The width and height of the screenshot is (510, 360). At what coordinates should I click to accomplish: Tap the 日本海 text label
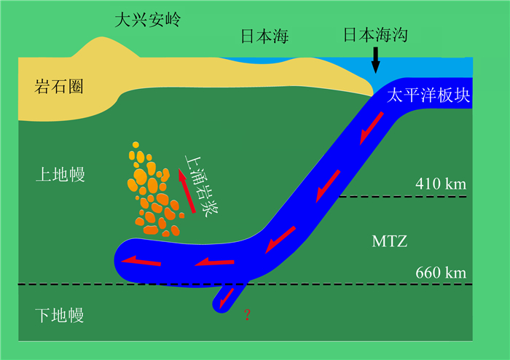(264, 36)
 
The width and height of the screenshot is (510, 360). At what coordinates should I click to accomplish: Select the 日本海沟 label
(375, 35)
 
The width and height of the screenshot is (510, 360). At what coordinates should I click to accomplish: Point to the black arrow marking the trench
(376, 60)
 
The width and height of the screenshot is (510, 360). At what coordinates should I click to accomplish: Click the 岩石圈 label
(59, 87)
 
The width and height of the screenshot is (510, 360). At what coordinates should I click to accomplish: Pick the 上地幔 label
(60, 174)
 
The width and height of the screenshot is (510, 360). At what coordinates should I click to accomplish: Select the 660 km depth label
(440, 274)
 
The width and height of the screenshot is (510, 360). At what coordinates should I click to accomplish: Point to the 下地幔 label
(60, 315)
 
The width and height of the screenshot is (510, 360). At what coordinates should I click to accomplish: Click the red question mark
(248, 315)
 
